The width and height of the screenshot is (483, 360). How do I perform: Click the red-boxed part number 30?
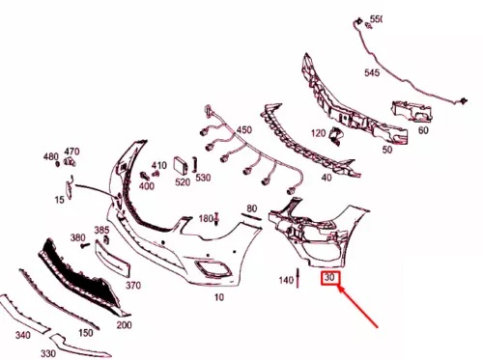click(x=330, y=277)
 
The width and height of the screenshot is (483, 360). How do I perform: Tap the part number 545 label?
click(x=372, y=72)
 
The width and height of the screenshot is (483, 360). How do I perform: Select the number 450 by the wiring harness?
click(x=244, y=130)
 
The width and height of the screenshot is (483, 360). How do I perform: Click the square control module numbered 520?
click(x=181, y=166)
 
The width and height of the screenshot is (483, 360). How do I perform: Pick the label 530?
click(x=203, y=178)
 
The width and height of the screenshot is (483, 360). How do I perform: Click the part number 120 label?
click(x=318, y=133)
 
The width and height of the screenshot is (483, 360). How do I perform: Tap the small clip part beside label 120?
click(x=335, y=135)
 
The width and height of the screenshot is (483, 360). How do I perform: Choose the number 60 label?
click(x=423, y=130)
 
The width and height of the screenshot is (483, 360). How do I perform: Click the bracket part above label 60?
click(x=412, y=111)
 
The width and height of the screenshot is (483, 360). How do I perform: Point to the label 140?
click(x=286, y=280)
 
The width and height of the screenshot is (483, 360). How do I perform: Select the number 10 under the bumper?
click(x=219, y=297)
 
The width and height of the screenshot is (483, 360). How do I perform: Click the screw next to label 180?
click(x=216, y=218)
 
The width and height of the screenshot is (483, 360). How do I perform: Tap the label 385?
click(x=101, y=231)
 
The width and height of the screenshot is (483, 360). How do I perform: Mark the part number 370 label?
click(x=133, y=285)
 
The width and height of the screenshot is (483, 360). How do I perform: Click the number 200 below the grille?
click(x=124, y=325)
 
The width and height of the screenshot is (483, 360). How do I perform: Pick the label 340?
click(x=23, y=335)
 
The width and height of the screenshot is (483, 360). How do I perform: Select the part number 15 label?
click(x=59, y=200)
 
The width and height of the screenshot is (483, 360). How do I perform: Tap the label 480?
click(x=51, y=157)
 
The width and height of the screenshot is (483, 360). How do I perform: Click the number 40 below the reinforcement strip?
click(x=327, y=178)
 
